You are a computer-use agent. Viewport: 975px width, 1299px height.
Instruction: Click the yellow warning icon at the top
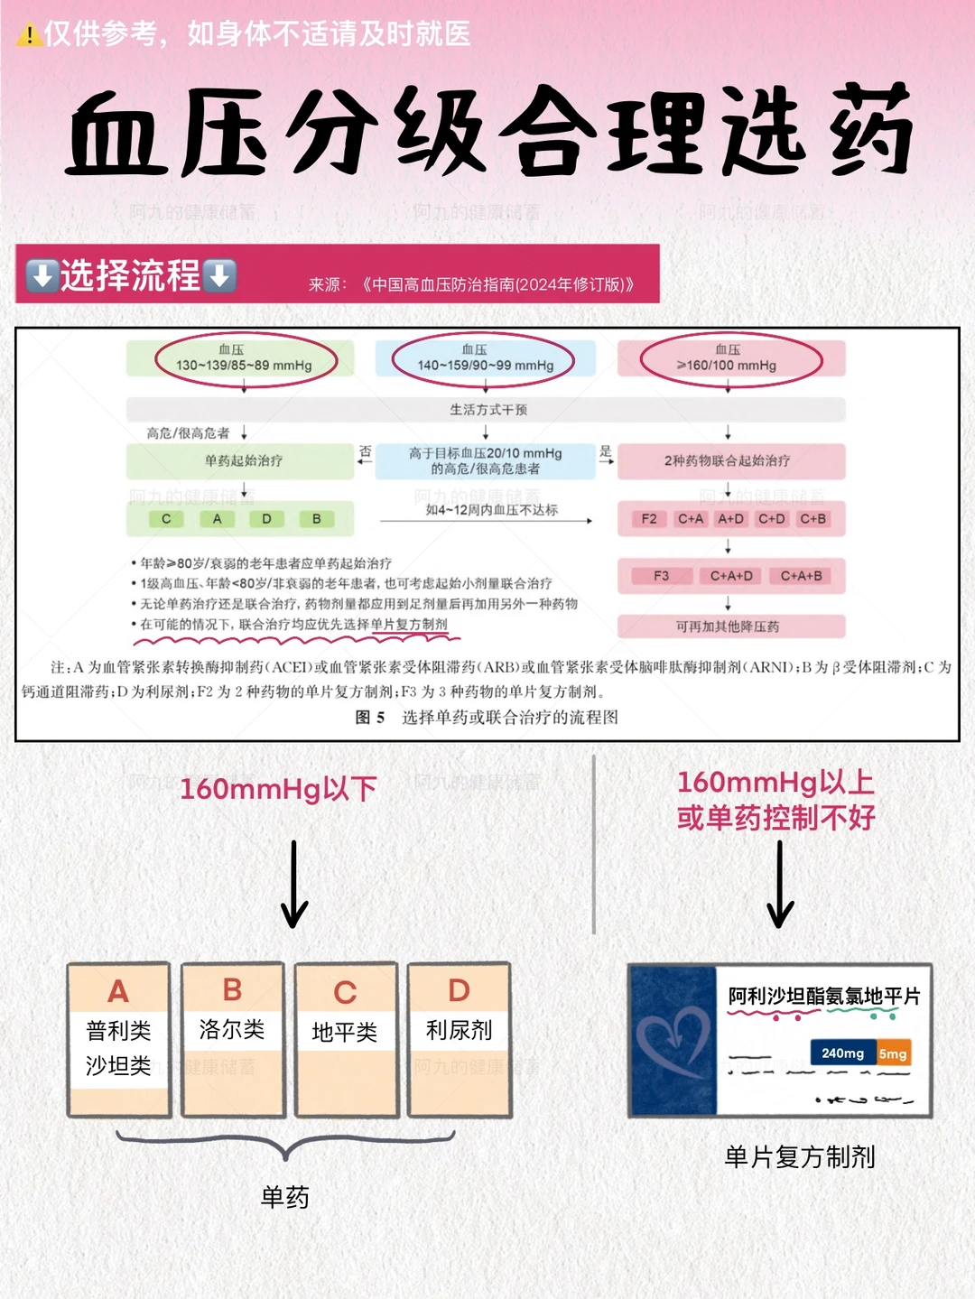click(x=29, y=34)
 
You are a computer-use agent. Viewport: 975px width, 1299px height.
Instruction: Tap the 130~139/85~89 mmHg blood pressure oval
click(x=245, y=358)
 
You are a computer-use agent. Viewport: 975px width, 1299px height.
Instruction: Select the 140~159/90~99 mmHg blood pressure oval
click(x=484, y=358)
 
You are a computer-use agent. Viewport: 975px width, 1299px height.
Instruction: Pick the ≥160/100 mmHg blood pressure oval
click(x=730, y=358)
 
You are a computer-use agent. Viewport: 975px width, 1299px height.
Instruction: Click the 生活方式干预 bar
click(x=487, y=410)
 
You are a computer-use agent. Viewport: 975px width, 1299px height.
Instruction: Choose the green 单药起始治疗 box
click(x=242, y=460)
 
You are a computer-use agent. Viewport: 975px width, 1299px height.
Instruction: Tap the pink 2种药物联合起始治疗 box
click(x=729, y=460)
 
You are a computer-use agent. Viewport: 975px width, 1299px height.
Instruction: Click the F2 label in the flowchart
click(x=649, y=519)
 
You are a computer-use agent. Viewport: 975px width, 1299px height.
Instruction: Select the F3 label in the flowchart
click(x=662, y=576)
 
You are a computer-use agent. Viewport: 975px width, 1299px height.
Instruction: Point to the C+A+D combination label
click(x=731, y=576)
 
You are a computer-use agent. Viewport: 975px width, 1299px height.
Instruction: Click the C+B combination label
click(x=812, y=519)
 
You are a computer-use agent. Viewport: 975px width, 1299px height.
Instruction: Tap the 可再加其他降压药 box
click(x=729, y=626)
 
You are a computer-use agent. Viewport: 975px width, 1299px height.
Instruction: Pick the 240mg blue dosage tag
click(x=842, y=1053)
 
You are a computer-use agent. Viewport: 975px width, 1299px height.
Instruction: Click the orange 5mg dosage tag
click(x=893, y=1053)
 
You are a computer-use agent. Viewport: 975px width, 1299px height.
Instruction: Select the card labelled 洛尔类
click(x=232, y=1039)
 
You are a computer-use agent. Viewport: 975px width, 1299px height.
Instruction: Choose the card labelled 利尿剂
click(x=459, y=1039)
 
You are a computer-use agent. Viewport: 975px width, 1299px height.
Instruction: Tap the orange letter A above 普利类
click(x=118, y=991)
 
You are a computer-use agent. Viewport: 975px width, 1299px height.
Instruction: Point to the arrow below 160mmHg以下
click(x=294, y=884)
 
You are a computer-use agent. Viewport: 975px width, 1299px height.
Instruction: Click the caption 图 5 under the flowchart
click(x=370, y=718)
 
